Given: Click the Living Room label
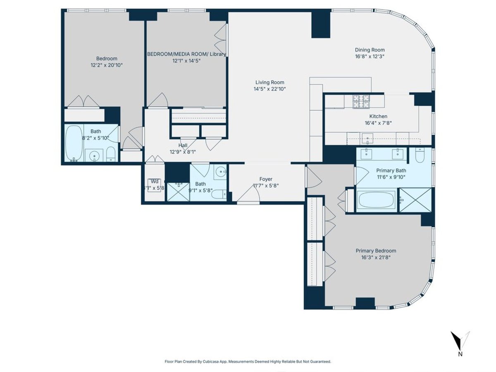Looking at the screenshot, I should [x=269, y=82].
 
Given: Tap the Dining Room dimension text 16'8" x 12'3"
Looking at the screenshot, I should [x=370, y=56].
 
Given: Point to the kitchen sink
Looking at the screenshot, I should [x=366, y=138].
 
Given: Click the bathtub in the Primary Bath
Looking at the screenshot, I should [x=377, y=200].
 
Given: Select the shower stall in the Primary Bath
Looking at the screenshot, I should [x=415, y=200].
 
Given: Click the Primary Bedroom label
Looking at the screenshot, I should [x=376, y=250].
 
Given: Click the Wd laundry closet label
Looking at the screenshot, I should [x=154, y=181].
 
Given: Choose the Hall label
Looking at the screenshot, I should [x=183, y=145].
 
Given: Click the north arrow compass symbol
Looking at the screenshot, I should [x=460, y=340].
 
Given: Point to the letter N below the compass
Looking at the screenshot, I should [x=460, y=354].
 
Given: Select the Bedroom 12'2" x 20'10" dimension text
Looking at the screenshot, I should [x=107, y=65].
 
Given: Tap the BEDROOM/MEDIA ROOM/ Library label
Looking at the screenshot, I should [x=187, y=54].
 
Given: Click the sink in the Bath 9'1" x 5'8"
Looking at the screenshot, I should [x=221, y=172].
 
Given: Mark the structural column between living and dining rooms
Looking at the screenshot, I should [x=321, y=24].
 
